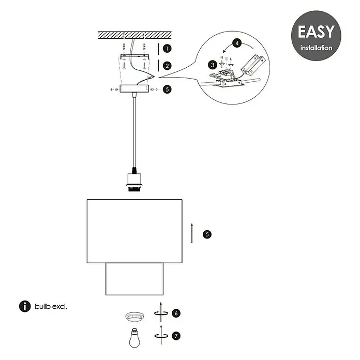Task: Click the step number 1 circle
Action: point(167,49)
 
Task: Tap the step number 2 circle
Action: point(167,66)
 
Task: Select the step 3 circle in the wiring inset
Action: point(213,65)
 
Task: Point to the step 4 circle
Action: point(237,43)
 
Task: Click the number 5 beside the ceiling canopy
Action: point(167,89)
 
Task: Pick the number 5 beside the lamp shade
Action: point(207,234)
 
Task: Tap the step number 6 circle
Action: point(176,313)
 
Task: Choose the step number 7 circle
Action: point(176,336)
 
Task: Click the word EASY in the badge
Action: point(316,32)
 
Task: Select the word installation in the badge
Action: point(316,48)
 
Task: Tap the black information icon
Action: point(25,307)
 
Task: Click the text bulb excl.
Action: point(51,307)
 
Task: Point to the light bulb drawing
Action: point(134,338)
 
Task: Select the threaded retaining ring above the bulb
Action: point(134,317)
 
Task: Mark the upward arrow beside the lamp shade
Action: point(192,233)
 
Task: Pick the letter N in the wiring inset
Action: point(221,57)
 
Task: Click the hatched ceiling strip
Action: point(135,35)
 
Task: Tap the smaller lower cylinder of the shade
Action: point(134,279)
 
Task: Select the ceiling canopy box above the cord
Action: point(134,88)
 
